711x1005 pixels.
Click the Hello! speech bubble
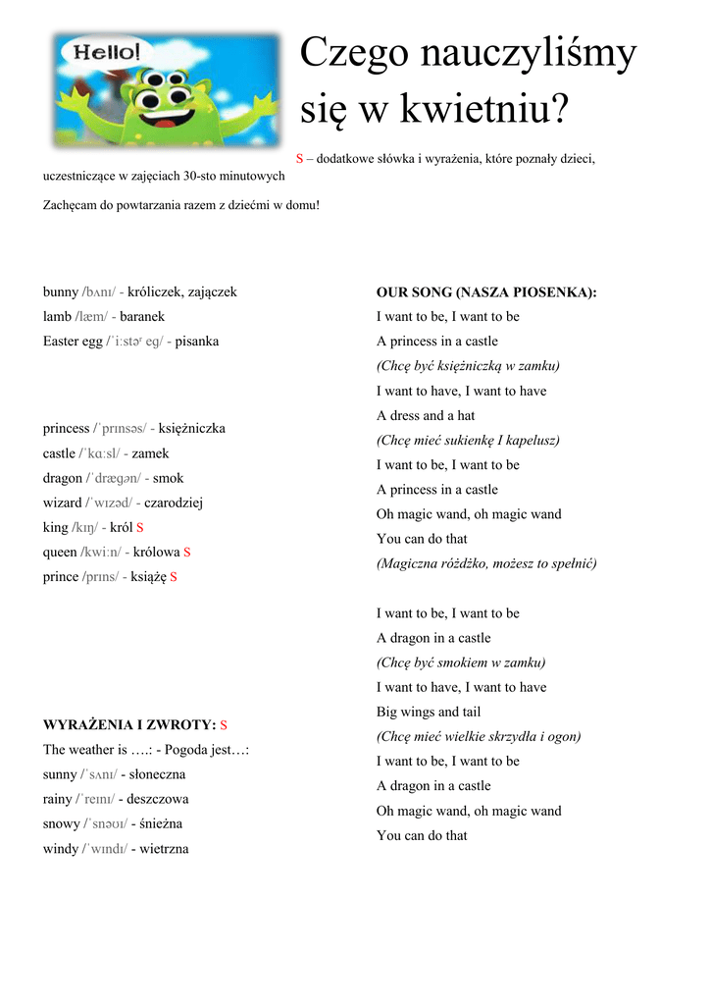99,51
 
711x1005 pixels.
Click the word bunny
61,292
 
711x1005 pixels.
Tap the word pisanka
197,342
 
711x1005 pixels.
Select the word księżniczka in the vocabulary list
192,429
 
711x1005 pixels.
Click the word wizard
62,502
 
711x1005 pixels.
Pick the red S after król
140,528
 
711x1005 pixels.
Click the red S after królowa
187,553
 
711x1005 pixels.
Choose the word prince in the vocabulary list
61,577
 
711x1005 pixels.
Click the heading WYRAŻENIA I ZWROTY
129,725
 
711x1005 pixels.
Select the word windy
61,849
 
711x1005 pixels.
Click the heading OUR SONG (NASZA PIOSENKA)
486,292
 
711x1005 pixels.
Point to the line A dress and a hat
426,415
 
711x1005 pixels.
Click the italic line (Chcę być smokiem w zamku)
461,662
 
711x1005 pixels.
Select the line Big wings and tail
429,712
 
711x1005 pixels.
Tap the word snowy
62,823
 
